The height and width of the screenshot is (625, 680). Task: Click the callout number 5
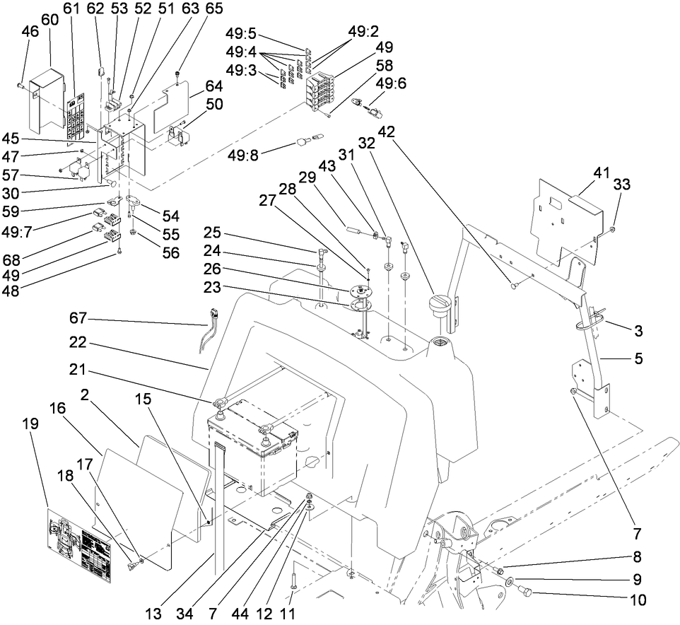click(x=639, y=358)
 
